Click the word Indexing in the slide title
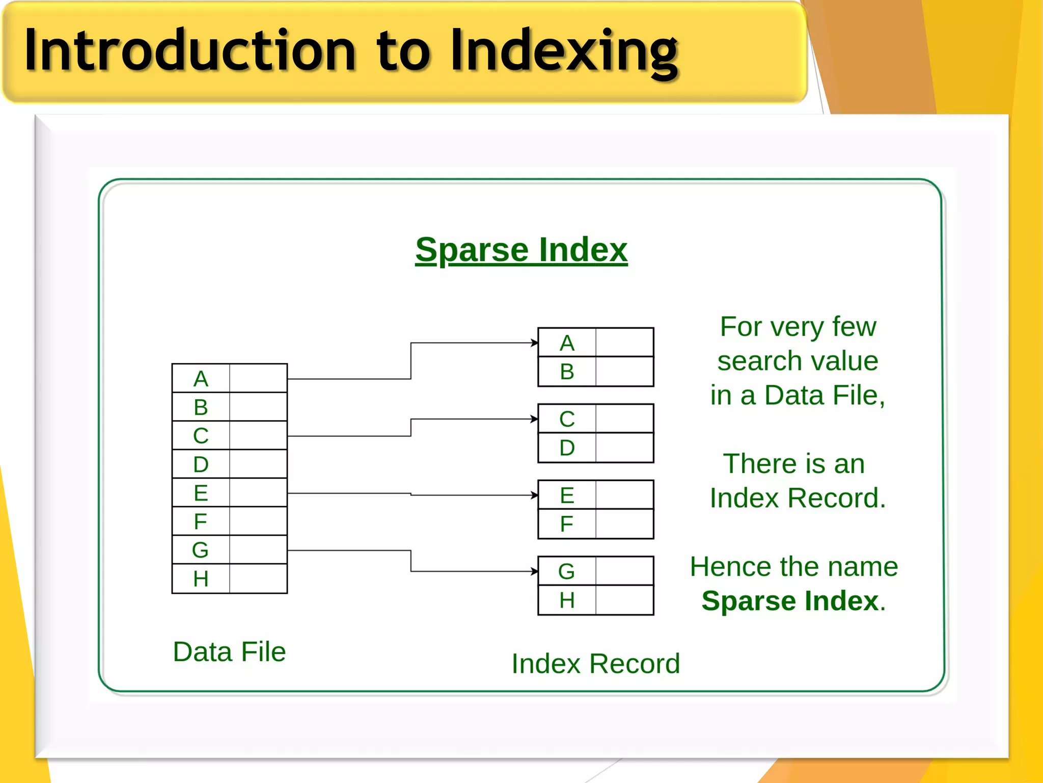(x=564, y=51)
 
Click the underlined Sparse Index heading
(x=521, y=250)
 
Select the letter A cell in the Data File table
(x=201, y=378)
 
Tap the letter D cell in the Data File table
(x=201, y=464)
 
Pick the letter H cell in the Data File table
(x=201, y=579)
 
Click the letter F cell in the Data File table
(x=201, y=521)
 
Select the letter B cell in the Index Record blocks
(x=567, y=372)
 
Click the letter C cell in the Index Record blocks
(x=567, y=419)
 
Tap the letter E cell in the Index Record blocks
(x=567, y=495)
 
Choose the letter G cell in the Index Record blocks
(x=567, y=571)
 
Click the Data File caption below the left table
(x=229, y=651)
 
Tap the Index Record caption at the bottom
(x=595, y=663)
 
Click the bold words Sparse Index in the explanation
(x=790, y=601)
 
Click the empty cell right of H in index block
(x=624, y=600)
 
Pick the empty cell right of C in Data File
(x=258, y=435)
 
